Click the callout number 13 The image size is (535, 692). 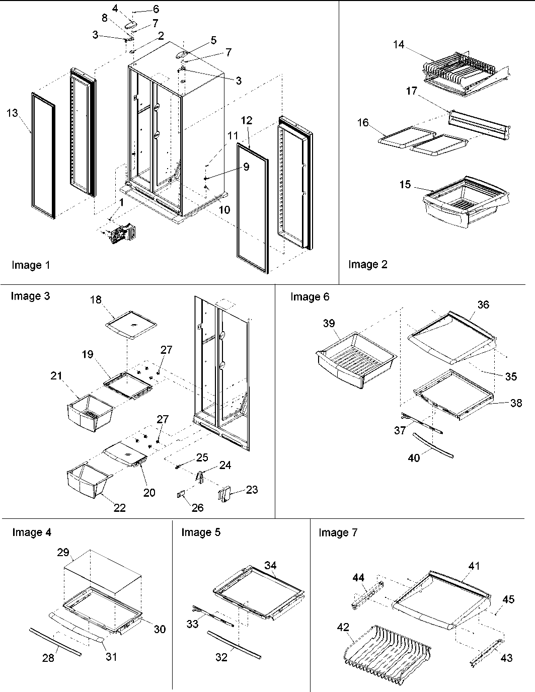(x=12, y=113)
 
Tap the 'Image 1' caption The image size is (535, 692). (x=31, y=265)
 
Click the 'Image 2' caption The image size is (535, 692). (x=368, y=265)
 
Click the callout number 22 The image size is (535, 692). (x=119, y=507)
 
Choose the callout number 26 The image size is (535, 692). (x=198, y=508)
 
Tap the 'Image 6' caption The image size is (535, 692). (x=310, y=297)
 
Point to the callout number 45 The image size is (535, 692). (x=508, y=599)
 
